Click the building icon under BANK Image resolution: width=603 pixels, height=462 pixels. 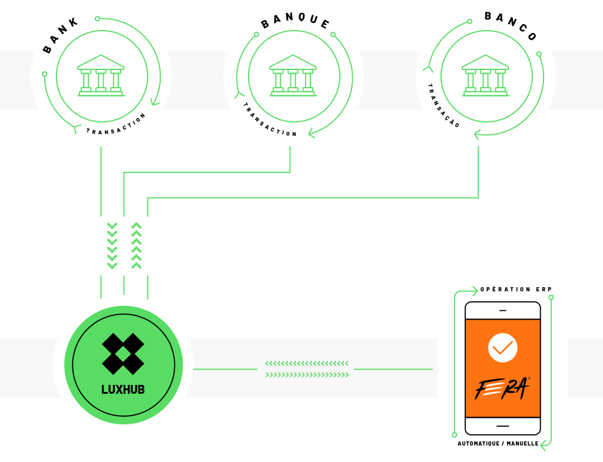(x=101, y=75)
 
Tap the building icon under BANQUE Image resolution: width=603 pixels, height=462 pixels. (x=293, y=75)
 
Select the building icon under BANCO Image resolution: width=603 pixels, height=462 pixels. (x=486, y=75)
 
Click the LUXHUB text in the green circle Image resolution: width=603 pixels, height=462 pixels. (x=123, y=390)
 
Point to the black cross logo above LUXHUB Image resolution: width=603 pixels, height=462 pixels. (x=123, y=354)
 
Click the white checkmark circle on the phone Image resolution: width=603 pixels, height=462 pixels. (x=503, y=348)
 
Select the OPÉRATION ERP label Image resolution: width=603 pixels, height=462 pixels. (x=516, y=289)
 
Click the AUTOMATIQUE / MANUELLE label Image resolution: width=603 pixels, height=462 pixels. (x=498, y=444)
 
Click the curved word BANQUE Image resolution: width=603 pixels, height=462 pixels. (x=295, y=21)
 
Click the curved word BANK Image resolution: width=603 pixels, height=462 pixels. (x=61, y=35)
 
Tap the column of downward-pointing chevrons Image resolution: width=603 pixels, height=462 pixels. (x=112, y=245)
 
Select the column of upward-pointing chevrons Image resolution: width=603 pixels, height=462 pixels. (x=137, y=245)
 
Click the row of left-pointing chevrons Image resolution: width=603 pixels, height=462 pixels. (x=307, y=363)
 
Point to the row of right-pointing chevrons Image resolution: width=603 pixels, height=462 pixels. (x=307, y=375)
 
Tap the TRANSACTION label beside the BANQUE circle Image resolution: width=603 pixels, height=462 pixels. (x=269, y=121)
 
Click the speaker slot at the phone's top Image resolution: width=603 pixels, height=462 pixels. (x=503, y=311)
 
